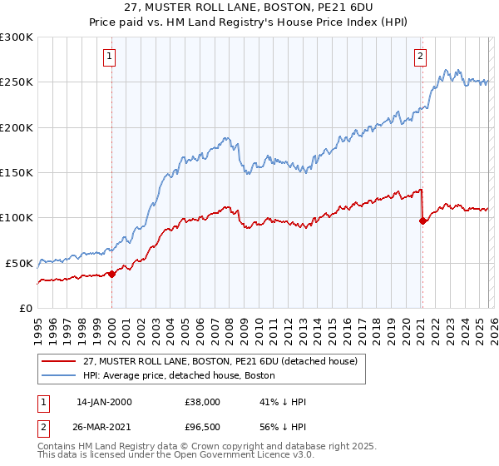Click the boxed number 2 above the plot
[x=421, y=57]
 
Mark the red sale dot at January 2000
[x=112, y=274]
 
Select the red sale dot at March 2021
[x=422, y=221]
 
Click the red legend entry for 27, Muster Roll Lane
[x=220, y=361]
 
